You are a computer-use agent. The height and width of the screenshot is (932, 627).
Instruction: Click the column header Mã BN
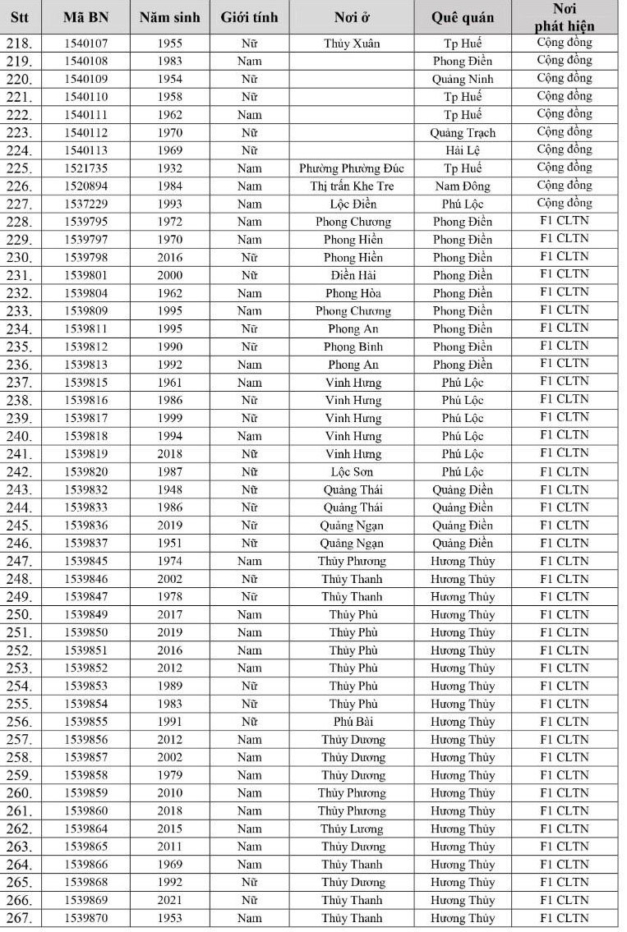[x=86, y=17]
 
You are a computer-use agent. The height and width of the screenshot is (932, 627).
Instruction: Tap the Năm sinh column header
[x=169, y=17]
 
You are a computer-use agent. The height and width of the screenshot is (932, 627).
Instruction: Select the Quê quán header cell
[x=463, y=17]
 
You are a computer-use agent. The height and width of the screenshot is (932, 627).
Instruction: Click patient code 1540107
[x=86, y=44]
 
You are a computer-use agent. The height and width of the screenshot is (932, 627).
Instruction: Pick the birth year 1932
[x=169, y=168]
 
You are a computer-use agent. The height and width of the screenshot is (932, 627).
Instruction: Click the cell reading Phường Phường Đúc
[x=352, y=168]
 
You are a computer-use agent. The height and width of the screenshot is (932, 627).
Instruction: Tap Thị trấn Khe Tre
[x=352, y=186]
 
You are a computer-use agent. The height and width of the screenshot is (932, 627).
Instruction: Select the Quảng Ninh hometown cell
[x=463, y=80]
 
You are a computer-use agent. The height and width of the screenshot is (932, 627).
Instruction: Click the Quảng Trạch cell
[x=463, y=133]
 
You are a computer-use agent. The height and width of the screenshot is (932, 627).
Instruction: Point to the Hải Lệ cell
[x=463, y=150]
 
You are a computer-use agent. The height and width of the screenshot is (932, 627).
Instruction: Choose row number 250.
[x=20, y=615]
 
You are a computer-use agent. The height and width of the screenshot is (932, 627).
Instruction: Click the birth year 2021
[x=169, y=900]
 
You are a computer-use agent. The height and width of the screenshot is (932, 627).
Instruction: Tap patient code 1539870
[x=86, y=918]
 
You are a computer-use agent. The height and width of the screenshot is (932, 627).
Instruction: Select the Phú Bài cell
[x=352, y=722]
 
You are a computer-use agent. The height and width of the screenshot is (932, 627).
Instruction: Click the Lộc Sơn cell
[x=352, y=472]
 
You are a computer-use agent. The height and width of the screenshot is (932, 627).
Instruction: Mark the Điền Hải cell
[x=352, y=276]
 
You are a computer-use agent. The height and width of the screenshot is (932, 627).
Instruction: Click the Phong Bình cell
[x=352, y=347]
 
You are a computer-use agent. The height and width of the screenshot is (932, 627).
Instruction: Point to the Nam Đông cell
[x=463, y=186]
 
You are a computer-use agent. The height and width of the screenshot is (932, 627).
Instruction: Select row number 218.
[x=20, y=44]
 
